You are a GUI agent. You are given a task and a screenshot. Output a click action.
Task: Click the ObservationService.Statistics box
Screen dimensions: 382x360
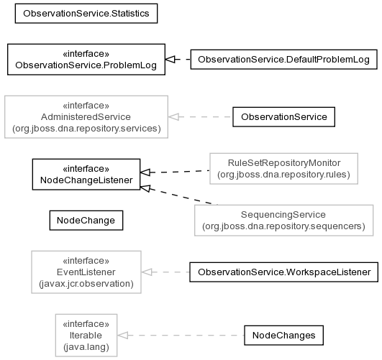[86, 14]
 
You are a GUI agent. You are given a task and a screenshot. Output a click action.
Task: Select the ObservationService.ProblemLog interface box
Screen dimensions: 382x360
[86, 60]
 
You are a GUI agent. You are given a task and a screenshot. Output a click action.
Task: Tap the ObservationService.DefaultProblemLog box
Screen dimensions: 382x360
[284, 60]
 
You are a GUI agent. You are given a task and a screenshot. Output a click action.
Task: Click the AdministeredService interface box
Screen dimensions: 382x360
[86, 117]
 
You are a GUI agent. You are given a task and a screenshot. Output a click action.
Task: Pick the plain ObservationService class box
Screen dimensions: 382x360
[284, 117]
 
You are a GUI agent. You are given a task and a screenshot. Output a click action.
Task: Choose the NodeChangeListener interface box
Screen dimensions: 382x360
[86, 175]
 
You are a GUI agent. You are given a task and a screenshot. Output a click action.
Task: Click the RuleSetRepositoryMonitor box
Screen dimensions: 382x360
[284, 168]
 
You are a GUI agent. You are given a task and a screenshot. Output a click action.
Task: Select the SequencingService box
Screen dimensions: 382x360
[284, 221]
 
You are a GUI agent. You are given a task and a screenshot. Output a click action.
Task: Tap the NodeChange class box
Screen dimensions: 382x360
[86, 221]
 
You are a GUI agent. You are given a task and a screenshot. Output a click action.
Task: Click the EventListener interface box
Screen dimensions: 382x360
[86, 272]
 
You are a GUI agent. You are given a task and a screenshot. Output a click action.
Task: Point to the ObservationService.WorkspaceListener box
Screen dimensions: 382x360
[284, 272]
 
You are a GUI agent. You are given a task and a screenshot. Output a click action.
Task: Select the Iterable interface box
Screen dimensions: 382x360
[86, 335]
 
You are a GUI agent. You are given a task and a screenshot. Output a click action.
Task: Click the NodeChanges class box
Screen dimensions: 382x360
[284, 335]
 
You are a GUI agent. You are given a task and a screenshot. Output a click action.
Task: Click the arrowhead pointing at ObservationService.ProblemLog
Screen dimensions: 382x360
[170, 59]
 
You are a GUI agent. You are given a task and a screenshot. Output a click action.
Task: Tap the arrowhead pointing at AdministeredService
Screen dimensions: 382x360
[173, 117]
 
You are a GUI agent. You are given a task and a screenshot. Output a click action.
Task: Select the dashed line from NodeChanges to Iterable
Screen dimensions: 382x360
[181, 335]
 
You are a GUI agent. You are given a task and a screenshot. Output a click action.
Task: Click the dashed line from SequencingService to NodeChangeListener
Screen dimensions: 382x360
[179, 195]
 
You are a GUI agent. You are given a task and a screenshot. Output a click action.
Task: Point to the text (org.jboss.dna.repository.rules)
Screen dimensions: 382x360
[284, 175]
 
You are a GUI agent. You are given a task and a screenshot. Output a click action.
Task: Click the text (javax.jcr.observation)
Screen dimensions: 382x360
[86, 284]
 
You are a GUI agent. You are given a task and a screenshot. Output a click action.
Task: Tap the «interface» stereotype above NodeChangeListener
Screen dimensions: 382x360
[86, 168]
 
